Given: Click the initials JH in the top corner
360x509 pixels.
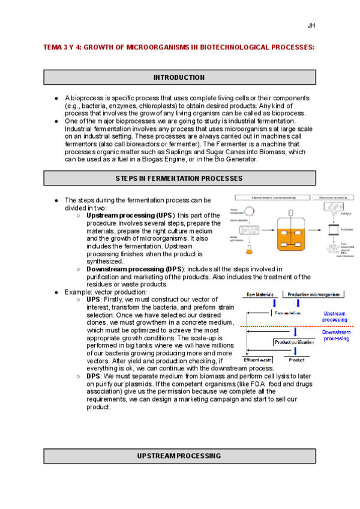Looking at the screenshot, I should [311, 26].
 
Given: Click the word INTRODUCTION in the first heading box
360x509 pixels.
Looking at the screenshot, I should [179, 77].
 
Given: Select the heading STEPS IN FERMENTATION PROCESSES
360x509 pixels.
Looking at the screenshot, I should [179, 178].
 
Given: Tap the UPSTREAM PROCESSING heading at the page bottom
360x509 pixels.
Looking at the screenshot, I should [179, 456].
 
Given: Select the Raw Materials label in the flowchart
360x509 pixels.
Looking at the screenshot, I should [260, 294].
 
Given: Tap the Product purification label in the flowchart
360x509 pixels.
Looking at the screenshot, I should [294, 342].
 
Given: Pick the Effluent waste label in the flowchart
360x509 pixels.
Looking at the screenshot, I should [257, 360].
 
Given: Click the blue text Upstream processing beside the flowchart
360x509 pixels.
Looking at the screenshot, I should [334, 317].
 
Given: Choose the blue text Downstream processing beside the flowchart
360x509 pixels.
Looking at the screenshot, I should [336, 336].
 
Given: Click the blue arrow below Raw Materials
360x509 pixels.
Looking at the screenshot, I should [274, 304].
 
